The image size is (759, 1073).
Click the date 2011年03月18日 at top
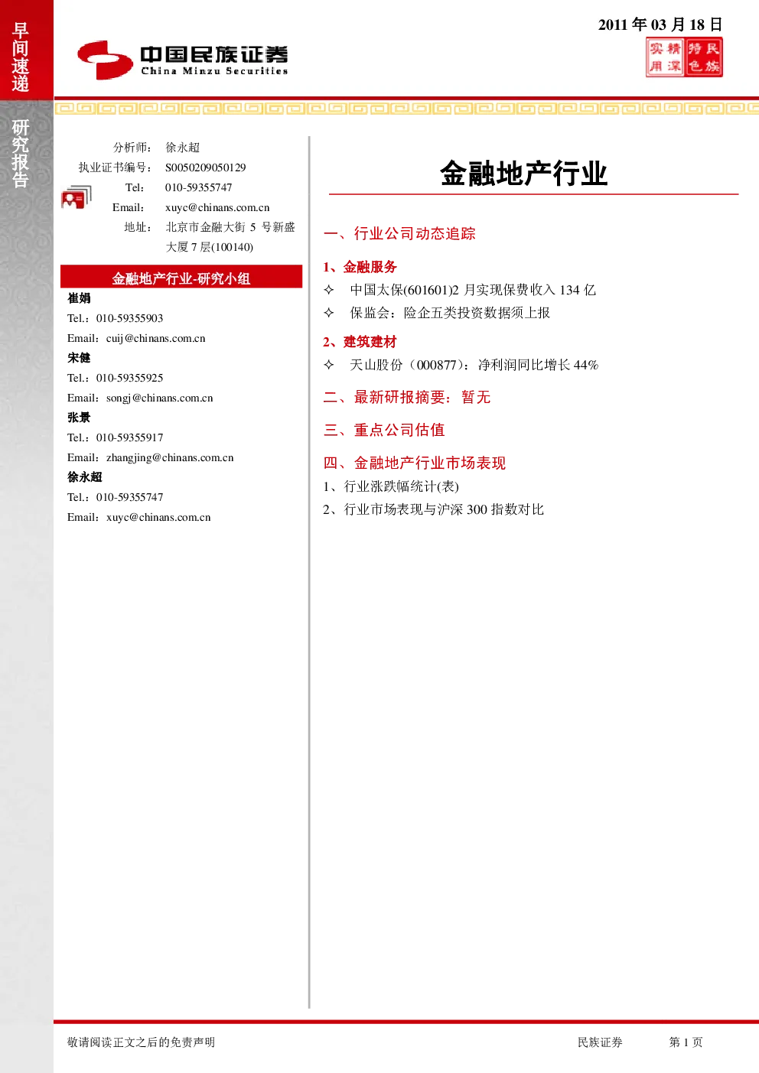tap(660, 24)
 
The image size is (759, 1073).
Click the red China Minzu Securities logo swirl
tap(105, 60)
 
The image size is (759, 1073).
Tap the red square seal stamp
tap(684, 57)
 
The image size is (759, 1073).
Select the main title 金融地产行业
tap(524, 173)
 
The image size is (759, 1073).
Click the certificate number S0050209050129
tap(205, 167)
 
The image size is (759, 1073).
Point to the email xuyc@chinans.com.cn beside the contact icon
tap(217, 207)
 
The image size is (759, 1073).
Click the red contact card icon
tap(77, 197)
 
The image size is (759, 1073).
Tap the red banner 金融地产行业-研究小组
tap(181, 277)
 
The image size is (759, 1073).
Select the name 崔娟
tap(79, 298)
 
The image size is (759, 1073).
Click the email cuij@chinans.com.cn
tap(156, 338)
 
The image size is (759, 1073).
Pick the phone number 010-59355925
tap(129, 378)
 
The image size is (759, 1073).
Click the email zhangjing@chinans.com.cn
tap(170, 457)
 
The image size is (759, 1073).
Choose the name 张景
tap(79, 418)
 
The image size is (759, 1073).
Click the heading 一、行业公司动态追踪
tap(399, 233)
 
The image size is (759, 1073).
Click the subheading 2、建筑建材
tap(360, 342)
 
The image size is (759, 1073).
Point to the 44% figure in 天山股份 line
tap(586, 365)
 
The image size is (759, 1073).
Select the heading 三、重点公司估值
tap(384, 430)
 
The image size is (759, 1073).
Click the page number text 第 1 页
tap(686, 1042)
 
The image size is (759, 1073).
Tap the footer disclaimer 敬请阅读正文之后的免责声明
tap(141, 1042)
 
